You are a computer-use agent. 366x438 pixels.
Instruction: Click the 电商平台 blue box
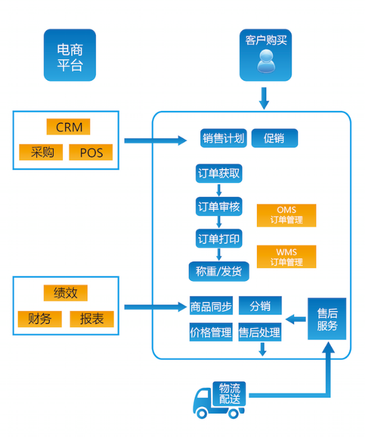point(70,55)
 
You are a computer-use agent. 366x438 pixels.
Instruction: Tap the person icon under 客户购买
point(266,61)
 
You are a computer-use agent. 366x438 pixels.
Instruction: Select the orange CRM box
point(69,127)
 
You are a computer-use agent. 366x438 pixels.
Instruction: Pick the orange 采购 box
point(41,152)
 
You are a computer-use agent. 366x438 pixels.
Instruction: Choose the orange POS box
point(91,152)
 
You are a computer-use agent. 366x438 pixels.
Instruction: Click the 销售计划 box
point(223,138)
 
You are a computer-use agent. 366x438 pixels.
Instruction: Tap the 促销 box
point(275,138)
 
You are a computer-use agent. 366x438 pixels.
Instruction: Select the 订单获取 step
point(219,174)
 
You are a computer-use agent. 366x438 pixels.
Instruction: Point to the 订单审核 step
point(219,206)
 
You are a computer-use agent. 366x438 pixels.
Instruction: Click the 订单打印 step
point(219,238)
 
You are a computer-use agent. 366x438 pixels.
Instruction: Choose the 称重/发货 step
point(219,272)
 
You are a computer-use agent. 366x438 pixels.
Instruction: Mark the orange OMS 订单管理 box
point(286,215)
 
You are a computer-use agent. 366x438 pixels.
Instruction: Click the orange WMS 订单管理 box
point(286,257)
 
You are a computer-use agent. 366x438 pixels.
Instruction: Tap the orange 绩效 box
point(65,293)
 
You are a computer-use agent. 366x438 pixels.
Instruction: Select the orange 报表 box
point(92,319)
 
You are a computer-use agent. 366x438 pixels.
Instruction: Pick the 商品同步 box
point(211,306)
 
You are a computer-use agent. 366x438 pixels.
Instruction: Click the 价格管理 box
point(211,332)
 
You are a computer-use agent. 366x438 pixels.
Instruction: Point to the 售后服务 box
point(327,318)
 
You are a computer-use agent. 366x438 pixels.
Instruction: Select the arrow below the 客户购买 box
point(264,98)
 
